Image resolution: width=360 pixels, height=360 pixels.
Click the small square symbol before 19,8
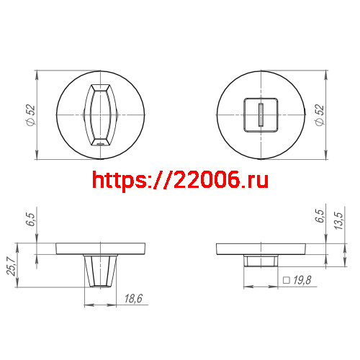point(286,281)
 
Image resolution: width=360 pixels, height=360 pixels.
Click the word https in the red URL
point(117,179)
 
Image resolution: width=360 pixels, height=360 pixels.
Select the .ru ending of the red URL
point(253,179)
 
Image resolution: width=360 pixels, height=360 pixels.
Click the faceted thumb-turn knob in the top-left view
point(100,115)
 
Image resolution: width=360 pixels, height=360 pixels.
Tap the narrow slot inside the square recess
point(261,114)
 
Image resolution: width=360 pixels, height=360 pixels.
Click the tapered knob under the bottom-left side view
point(100,270)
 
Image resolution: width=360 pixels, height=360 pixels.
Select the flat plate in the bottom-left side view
point(100,249)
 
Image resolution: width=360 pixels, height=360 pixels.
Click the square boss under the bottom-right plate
point(261,260)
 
